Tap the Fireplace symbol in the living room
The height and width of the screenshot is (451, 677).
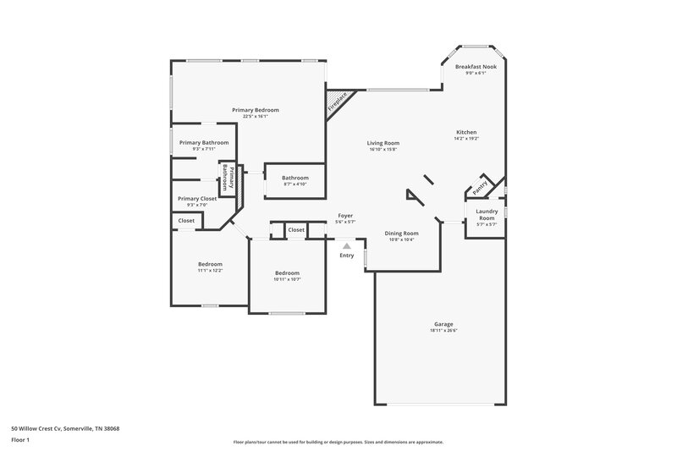coord(337,105)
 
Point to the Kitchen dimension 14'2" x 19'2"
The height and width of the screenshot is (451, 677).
coord(466,139)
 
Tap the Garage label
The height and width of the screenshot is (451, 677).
coord(443,324)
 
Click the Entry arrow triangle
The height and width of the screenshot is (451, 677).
coord(346,246)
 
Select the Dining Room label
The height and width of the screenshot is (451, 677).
coord(401,233)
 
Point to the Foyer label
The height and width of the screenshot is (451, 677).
coord(345,216)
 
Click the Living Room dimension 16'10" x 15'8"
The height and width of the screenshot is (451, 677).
coord(383,150)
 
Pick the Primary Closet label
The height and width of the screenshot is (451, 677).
coord(196,198)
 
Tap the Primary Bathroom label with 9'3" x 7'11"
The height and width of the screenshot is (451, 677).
coord(203,143)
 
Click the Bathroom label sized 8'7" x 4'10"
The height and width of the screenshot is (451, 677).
coord(295,178)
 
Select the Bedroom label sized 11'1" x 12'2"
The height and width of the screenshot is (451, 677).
coord(210,264)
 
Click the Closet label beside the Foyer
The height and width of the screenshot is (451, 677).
coord(296,229)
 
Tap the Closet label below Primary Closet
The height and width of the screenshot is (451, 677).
coord(186,221)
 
